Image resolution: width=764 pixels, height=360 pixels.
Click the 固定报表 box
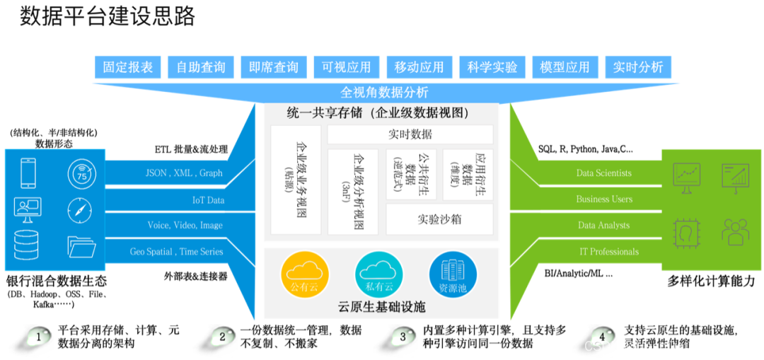(128, 67)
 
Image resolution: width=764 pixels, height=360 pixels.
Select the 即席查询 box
(274, 67)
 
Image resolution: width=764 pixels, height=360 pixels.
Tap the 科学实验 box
(492, 67)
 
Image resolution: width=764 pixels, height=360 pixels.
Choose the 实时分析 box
(638, 67)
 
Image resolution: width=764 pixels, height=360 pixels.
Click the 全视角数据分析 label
(384, 93)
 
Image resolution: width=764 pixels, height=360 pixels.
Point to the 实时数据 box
(410, 134)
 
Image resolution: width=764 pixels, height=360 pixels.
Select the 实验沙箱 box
(439, 219)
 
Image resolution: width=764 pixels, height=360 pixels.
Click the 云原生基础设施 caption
(382, 308)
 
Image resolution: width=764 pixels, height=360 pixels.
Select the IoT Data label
(208, 200)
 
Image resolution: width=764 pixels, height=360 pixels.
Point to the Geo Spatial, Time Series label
(176, 252)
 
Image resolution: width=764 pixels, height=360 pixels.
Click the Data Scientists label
(604, 173)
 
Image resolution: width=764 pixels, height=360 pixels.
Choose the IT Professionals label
(608, 252)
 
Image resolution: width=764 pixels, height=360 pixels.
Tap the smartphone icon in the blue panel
(28, 173)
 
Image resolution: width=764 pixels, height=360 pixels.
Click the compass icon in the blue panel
(80, 210)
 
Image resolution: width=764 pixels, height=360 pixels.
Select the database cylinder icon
(26, 245)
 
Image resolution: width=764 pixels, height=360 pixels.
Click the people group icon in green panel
(736, 232)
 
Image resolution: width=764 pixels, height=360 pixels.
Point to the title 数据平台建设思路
(107, 16)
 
